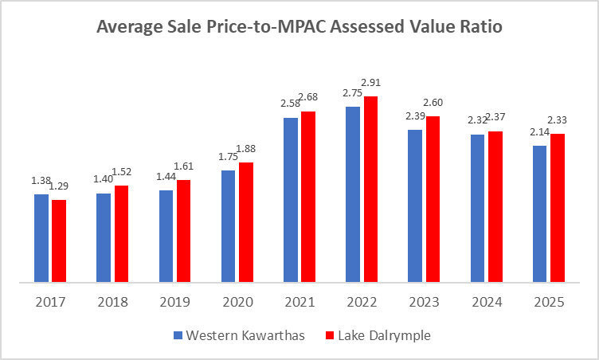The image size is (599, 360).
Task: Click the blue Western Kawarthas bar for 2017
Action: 41,238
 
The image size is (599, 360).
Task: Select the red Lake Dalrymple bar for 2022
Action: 370,190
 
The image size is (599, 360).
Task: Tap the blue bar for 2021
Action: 291,200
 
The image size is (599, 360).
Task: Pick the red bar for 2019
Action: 183,231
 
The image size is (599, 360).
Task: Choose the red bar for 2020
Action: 245,222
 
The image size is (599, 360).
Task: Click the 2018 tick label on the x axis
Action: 112,303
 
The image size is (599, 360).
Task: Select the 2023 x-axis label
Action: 423,303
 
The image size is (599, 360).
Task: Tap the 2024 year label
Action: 485,303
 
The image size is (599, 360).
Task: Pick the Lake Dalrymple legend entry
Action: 385,335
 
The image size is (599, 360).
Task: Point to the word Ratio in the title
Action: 476,28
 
